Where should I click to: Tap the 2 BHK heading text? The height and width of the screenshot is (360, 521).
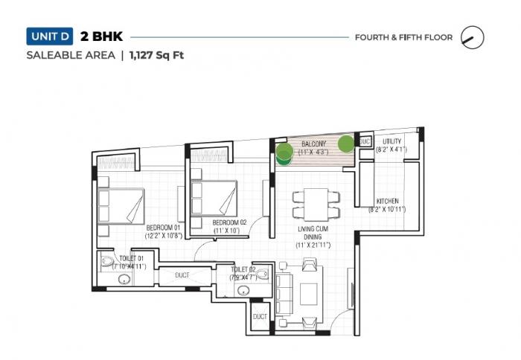(x=107, y=36)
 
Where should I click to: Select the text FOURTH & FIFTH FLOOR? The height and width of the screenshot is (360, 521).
(x=403, y=36)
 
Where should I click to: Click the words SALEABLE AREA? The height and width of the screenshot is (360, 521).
(x=71, y=55)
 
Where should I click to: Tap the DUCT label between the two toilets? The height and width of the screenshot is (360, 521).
(x=182, y=275)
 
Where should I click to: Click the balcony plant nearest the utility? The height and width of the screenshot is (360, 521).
(x=346, y=143)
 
